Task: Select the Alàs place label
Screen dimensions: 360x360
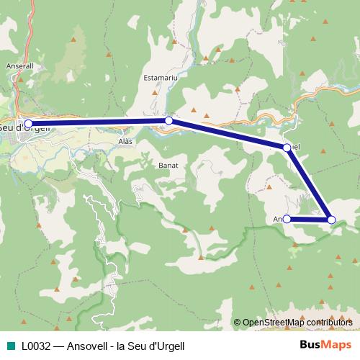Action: point(125,143)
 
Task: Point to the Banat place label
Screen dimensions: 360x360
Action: point(168,165)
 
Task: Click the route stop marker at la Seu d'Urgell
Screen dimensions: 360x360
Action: point(28,123)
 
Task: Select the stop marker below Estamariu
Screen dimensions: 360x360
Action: point(168,121)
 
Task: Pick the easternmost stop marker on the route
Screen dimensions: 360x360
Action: point(331,219)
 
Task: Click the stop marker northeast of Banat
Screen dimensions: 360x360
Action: point(287,148)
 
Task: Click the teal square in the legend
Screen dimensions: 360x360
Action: point(10,346)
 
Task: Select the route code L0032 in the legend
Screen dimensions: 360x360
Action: point(35,346)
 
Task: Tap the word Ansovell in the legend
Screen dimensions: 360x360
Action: point(89,346)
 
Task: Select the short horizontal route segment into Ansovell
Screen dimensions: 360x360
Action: point(308,219)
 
